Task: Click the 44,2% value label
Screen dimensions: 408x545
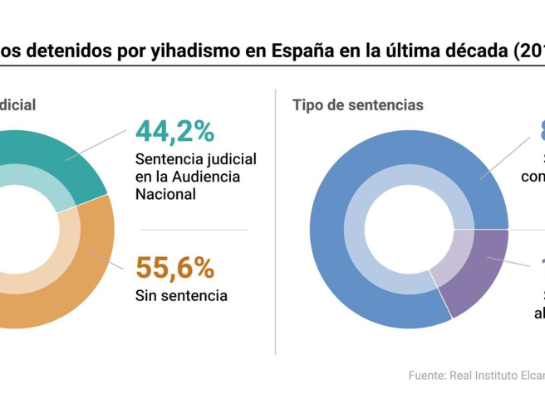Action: [174, 132]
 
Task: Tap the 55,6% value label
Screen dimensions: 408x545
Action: [174, 268]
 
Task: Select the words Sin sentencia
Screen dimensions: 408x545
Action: [181, 295]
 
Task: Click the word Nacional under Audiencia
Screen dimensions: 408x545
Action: [165, 195]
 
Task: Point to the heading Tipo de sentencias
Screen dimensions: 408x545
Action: [357, 105]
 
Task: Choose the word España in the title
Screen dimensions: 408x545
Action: [304, 52]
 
